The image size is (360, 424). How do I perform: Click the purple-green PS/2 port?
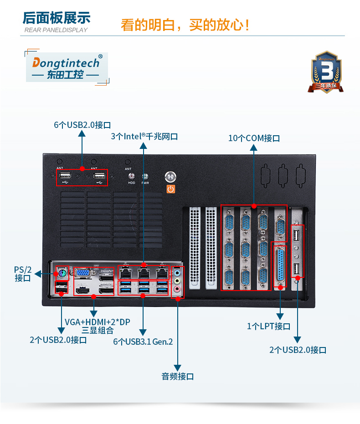coord(62,274)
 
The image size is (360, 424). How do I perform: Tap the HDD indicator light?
coord(132,176)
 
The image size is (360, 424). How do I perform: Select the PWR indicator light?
coord(145,176)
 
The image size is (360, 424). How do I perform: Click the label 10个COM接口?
coord(254,138)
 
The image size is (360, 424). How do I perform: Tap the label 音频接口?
coord(178,377)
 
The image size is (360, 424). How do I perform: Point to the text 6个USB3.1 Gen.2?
coord(143,342)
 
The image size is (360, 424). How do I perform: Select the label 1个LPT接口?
coord(268,326)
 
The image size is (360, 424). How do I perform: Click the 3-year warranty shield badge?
coord(326,72)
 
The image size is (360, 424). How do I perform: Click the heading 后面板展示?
coord(57,18)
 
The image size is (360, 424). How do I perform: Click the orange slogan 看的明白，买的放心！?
coord(185,25)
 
